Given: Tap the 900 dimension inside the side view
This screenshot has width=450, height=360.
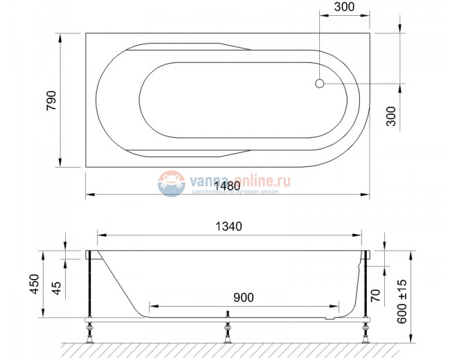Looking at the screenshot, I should tap(244, 298).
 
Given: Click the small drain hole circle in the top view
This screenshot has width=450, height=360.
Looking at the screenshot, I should tap(319, 84).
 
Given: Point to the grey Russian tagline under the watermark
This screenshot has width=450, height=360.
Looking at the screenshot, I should tap(235, 191).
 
